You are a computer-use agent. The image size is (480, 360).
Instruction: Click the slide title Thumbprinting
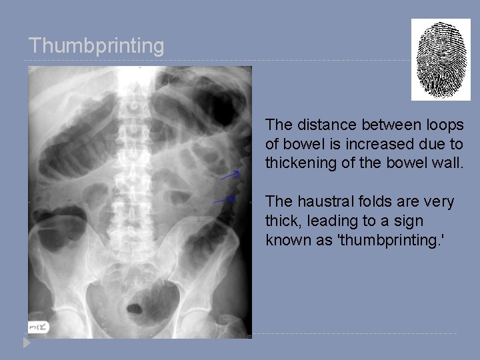(x=96, y=46)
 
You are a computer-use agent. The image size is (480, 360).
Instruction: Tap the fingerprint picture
(x=440, y=59)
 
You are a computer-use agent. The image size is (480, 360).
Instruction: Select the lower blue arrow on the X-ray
(x=224, y=199)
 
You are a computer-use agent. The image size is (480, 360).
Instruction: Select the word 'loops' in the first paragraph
(x=445, y=125)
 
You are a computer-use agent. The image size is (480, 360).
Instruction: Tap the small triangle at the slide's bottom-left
(x=27, y=343)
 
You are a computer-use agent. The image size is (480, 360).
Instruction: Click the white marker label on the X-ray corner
(x=38, y=326)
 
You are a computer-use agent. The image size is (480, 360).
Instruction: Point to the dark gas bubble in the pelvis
(x=135, y=309)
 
